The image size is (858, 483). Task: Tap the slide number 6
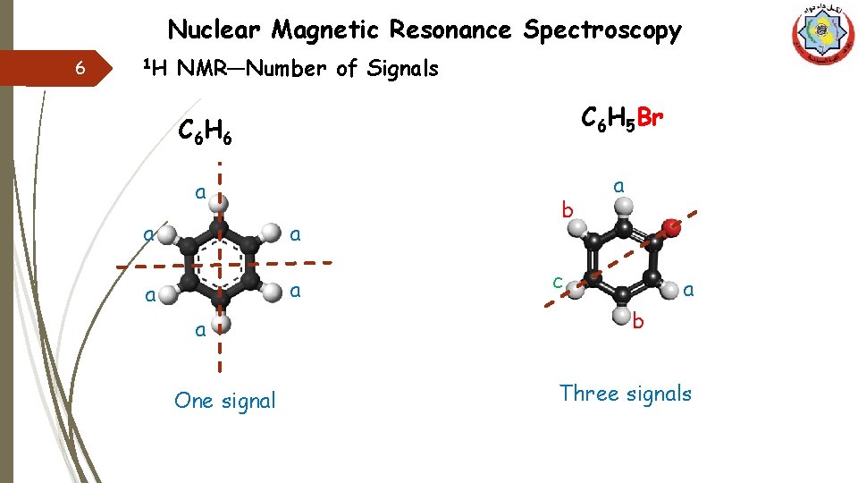80,69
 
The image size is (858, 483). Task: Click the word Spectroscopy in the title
602,30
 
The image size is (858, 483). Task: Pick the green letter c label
557,282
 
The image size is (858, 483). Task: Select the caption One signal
225,401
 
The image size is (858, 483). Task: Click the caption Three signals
626,394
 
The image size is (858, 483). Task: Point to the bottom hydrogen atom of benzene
222,322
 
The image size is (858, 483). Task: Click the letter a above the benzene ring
201,191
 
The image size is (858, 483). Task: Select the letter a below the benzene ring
201,330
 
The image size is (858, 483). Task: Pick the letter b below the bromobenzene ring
637,321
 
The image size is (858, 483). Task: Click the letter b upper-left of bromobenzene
565,211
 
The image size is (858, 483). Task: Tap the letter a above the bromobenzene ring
618,185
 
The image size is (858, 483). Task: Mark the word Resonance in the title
450,30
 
